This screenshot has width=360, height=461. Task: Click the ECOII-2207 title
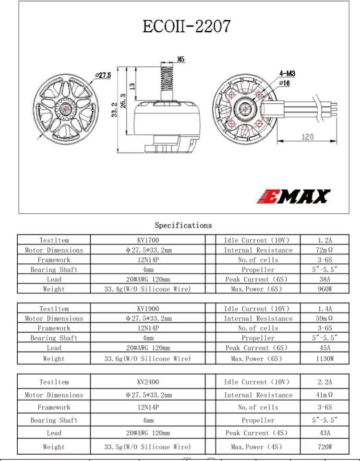click(187, 25)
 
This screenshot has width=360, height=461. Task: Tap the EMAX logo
click(294, 196)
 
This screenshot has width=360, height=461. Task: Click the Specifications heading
click(183, 225)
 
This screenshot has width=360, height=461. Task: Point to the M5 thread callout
click(181, 59)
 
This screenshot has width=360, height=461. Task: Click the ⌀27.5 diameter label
click(103, 75)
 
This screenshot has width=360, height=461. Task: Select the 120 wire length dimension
click(307, 137)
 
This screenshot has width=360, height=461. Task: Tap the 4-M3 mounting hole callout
click(288, 74)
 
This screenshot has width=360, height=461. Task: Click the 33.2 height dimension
click(115, 111)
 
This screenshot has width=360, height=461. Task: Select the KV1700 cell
click(148, 240)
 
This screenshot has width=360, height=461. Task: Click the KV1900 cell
click(148, 309)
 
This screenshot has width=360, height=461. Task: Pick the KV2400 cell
click(148, 382)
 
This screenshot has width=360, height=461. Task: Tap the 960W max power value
click(325, 289)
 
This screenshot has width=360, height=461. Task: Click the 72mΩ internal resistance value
click(325, 250)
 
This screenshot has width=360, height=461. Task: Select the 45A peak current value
click(325, 348)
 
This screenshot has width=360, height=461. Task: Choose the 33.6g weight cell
click(148, 358)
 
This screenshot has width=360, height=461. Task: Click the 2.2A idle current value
click(325, 382)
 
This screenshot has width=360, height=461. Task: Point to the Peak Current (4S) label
click(256, 433)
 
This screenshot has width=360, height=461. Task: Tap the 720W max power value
click(325, 447)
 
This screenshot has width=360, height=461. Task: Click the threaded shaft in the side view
click(167, 77)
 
